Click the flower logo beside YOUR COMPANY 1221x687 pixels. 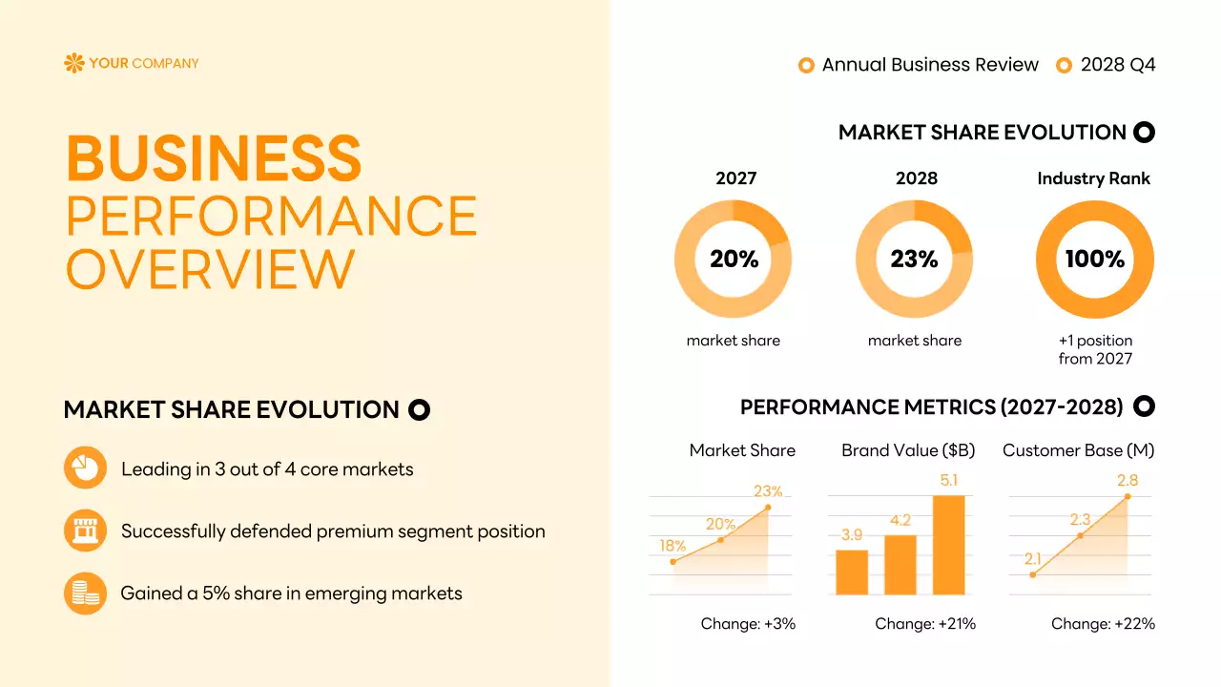point(73,64)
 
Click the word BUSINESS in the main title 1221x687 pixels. point(214,158)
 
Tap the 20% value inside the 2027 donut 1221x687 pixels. point(734,260)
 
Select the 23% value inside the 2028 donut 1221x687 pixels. point(914,260)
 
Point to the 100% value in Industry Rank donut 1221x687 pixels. point(1094,260)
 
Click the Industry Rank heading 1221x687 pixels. point(1093,178)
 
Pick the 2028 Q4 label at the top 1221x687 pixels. point(1117,65)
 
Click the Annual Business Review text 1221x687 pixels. point(930,65)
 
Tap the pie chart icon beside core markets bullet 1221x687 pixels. point(85,468)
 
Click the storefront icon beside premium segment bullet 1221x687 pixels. point(85,531)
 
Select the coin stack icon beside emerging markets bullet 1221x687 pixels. point(85,593)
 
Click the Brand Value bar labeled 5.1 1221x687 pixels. point(948,544)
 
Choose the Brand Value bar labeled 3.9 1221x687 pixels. point(852,572)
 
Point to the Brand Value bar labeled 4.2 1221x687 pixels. point(900,564)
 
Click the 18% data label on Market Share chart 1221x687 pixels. point(673,546)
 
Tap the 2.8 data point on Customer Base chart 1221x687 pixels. point(1128,496)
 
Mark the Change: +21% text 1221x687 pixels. point(925,624)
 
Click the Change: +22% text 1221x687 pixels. point(1103,624)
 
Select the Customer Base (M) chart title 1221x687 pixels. point(1078,450)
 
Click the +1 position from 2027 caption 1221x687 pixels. point(1095,349)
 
